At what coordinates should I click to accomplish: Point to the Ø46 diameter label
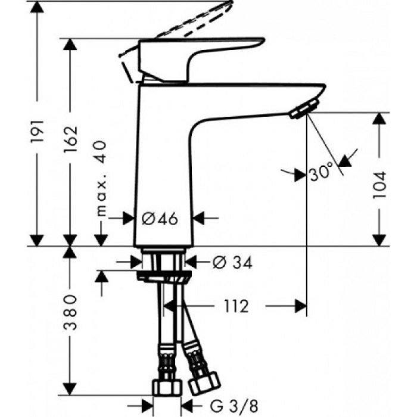(160, 219)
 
